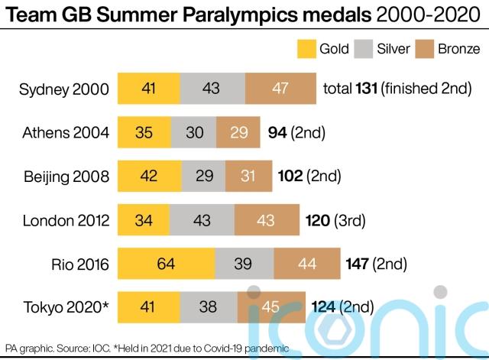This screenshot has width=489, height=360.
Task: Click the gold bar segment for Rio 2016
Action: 167,264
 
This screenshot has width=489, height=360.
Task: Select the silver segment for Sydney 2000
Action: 212,89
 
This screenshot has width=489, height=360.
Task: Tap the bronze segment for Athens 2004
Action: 238,133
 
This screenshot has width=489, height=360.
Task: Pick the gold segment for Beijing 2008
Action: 149,177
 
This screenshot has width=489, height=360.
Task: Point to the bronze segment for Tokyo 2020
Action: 270,309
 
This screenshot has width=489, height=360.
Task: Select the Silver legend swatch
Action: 362,49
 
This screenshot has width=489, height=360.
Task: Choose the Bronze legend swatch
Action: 425,49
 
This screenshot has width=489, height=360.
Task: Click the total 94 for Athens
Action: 277,133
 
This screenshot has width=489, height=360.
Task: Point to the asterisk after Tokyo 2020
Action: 105,306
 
